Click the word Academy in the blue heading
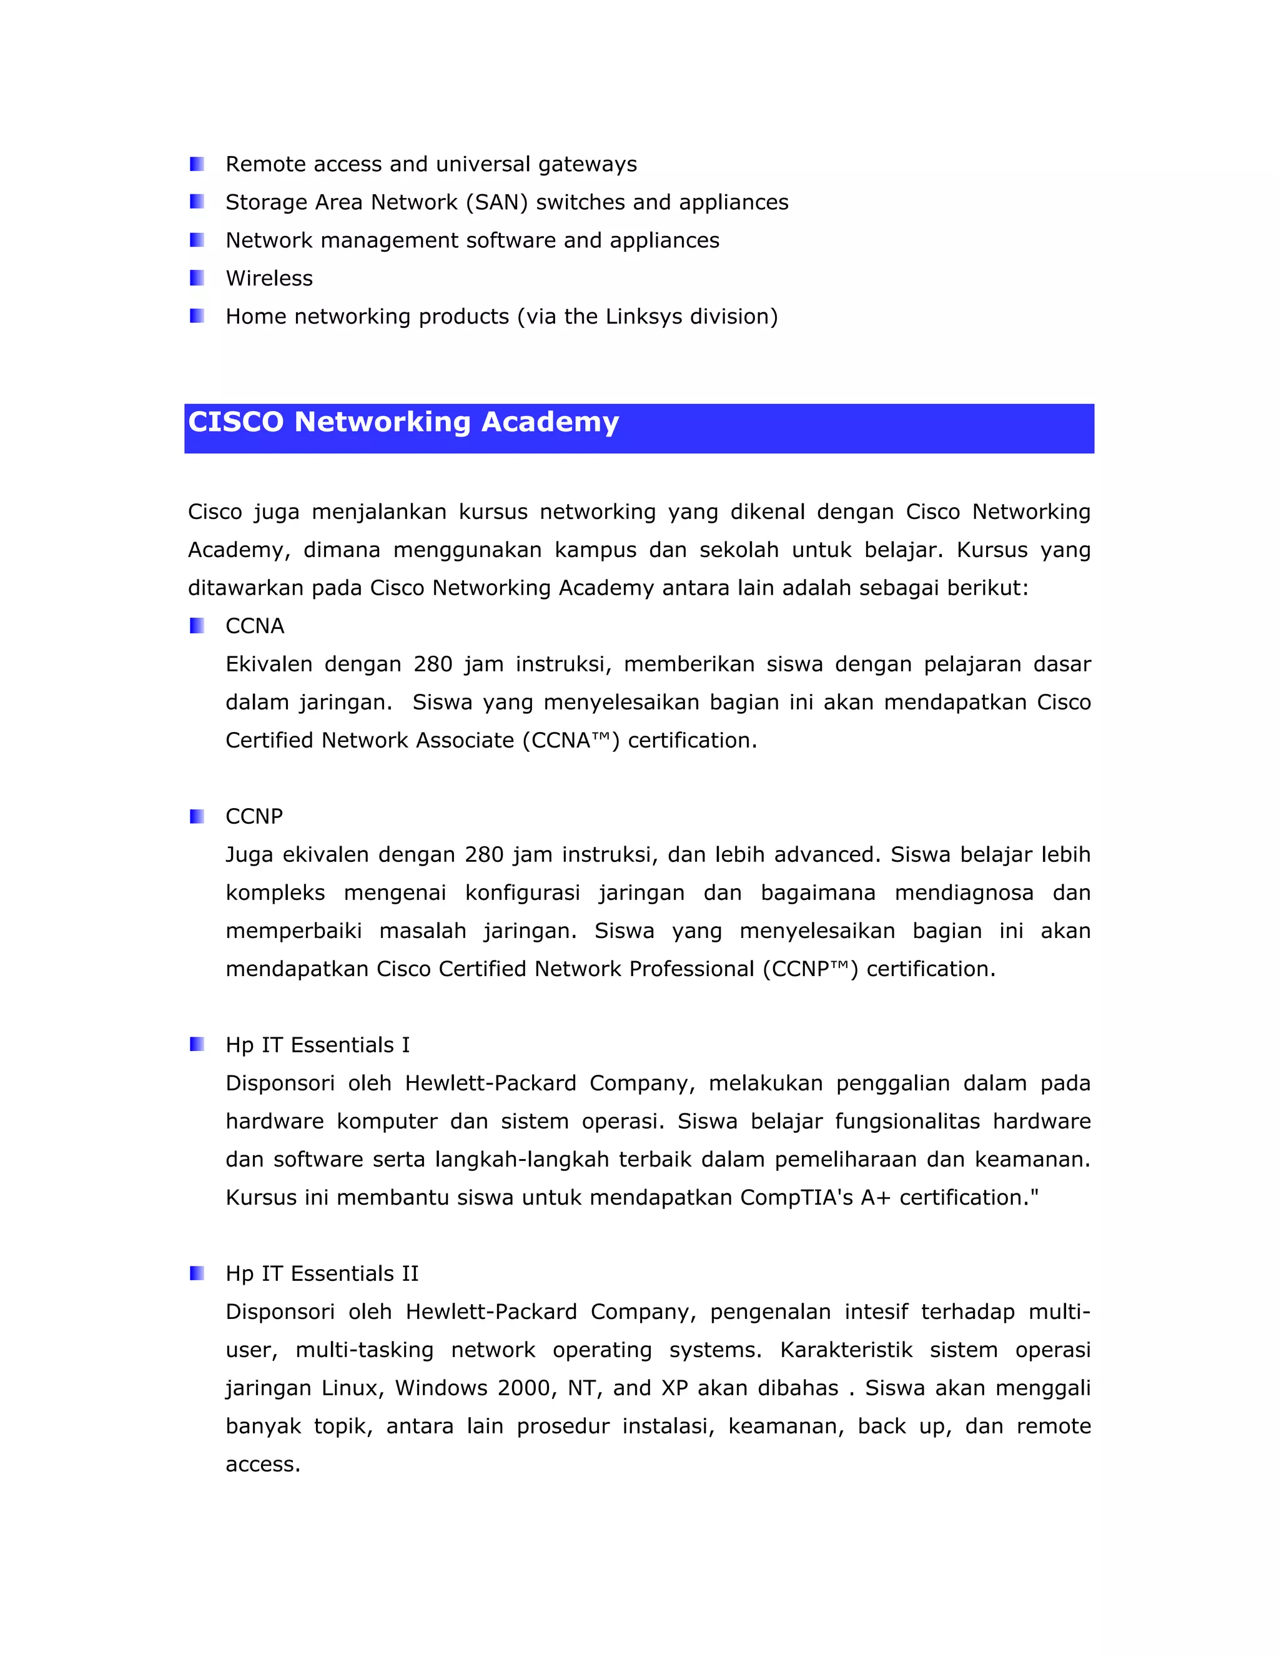[x=550, y=422]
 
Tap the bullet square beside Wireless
[x=197, y=278]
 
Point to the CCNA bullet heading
[x=255, y=626]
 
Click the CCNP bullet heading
[x=254, y=816]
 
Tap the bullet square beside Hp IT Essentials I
[x=197, y=1044]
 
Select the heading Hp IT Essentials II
[x=322, y=1273]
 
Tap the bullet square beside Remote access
[x=197, y=164]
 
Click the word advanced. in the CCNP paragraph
[x=827, y=855]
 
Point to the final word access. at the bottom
[x=263, y=1465]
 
